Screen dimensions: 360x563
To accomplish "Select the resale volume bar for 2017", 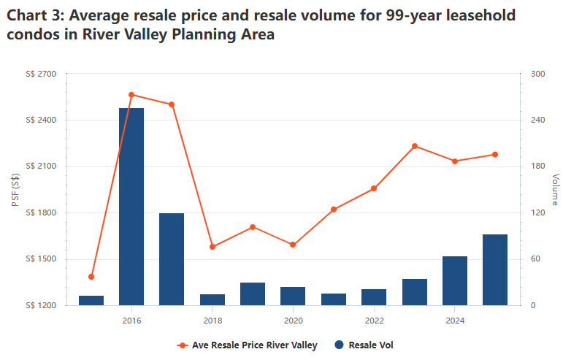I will click(172, 259).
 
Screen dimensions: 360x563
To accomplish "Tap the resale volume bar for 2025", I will click(495, 269).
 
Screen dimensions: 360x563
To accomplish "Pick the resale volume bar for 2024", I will click(455, 280).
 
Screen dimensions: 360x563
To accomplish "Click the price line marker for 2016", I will click(131, 95).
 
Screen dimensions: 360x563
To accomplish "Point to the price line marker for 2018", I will click(212, 247).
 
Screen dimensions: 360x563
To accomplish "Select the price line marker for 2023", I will click(415, 146).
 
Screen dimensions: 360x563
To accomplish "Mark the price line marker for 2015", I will click(91, 277).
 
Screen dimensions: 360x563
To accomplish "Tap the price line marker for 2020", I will click(293, 245).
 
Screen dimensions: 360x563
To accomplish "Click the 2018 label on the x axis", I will click(212, 320).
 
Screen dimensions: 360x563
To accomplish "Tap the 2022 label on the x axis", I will click(374, 320).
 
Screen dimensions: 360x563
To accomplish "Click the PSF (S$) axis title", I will click(15, 189).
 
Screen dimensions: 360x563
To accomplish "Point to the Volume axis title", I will click(556, 189).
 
